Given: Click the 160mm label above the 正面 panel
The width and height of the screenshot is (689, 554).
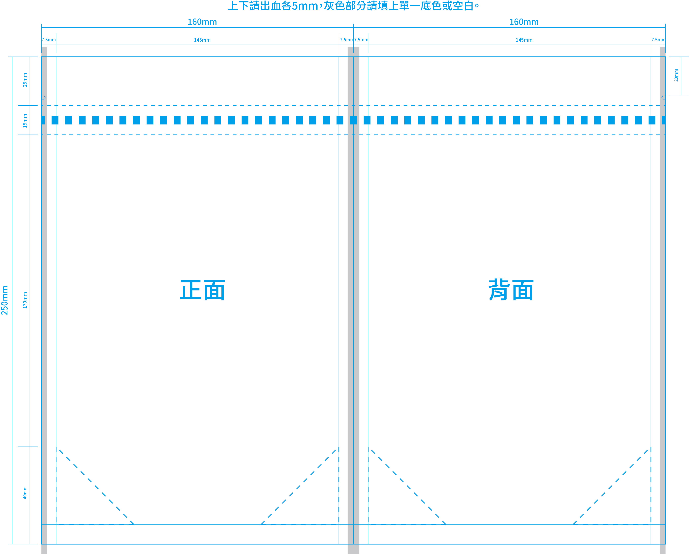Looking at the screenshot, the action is click(x=202, y=22).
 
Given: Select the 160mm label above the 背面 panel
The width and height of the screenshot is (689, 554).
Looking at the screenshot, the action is click(x=524, y=22).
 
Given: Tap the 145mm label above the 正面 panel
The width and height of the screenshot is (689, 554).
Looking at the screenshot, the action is click(x=202, y=40).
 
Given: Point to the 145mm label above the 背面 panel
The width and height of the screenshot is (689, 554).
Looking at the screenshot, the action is click(x=524, y=40).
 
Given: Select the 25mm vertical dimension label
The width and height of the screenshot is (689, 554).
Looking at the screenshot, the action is click(x=25, y=80).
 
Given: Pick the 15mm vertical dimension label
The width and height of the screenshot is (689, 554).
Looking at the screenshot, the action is click(x=25, y=121).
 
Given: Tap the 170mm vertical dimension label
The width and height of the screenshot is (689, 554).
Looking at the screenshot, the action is click(x=25, y=300).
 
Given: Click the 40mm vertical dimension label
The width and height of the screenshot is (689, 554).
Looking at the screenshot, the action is click(x=25, y=493).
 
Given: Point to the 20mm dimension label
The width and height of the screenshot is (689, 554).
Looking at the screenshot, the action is click(x=676, y=75).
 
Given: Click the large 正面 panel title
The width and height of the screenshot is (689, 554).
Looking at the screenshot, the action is click(x=202, y=290).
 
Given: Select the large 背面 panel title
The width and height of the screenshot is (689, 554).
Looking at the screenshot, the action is click(x=511, y=289).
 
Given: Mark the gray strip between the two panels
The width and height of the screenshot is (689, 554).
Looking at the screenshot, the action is click(x=353, y=300).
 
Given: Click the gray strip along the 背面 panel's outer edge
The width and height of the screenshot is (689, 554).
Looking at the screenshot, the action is click(x=662, y=300).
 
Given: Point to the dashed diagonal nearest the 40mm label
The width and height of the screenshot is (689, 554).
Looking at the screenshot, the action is click(x=97, y=487).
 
